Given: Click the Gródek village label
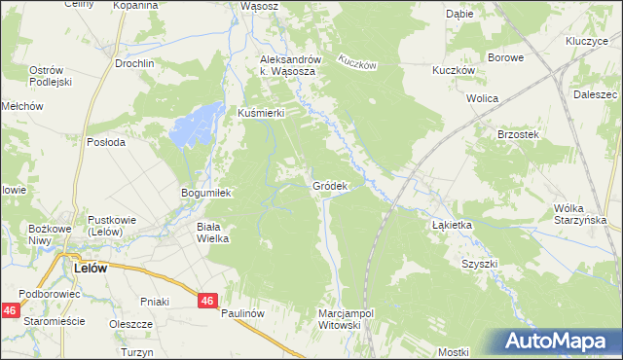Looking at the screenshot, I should tap(330, 185).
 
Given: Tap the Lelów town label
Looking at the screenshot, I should tap(91, 266).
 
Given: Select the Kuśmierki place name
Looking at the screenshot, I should tap(261, 113).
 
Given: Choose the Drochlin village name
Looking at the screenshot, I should tap(134, 63).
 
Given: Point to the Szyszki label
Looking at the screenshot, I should tap(480, 264).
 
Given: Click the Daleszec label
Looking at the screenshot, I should tap(596, 95).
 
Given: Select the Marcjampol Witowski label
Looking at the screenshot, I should tap(347, 319).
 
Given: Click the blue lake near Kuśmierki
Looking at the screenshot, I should tap(194, 126).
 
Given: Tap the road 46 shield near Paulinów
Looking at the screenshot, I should tap(205, 302).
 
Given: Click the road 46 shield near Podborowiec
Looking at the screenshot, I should tap(10, 310).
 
